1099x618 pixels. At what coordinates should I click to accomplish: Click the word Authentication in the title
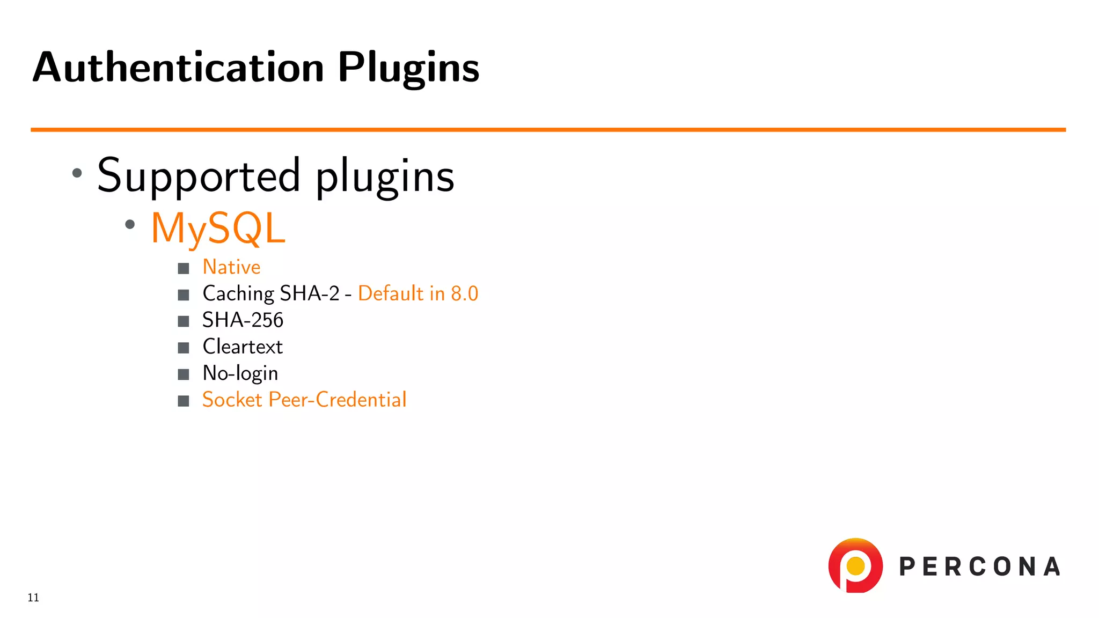pos(178,68)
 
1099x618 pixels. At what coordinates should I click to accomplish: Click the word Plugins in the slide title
pos(408,69)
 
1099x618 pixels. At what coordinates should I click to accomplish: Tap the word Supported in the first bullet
pos(199,176)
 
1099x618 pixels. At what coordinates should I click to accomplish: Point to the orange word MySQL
pos(218,229)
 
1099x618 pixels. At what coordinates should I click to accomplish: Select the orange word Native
pos(231,267)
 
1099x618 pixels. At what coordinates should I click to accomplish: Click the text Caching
pos(238,294)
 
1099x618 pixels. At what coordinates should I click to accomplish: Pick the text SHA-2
pos(310,293)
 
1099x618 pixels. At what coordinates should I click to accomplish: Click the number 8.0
pos(464,293)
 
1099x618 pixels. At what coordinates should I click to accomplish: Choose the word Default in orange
pos(391,293)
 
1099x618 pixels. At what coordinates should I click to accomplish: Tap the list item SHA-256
pos(243,320)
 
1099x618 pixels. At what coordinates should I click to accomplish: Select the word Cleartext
pos(243,347)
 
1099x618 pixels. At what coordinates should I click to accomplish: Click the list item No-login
pos(240,373)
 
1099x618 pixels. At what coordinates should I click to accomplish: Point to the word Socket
pos(232,400)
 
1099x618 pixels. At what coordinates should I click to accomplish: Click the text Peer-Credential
pos(337,400)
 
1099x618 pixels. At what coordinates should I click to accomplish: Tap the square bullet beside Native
pos(184,268)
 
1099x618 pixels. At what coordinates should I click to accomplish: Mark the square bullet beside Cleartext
pos(184,348)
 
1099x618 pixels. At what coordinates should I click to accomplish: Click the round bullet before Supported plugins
pos(77,173)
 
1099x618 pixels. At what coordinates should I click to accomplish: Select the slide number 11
pos(33,598)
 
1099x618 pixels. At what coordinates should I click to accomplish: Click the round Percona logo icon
pos(855,566)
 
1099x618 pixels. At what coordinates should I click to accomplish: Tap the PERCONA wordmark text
pos(979,567)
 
